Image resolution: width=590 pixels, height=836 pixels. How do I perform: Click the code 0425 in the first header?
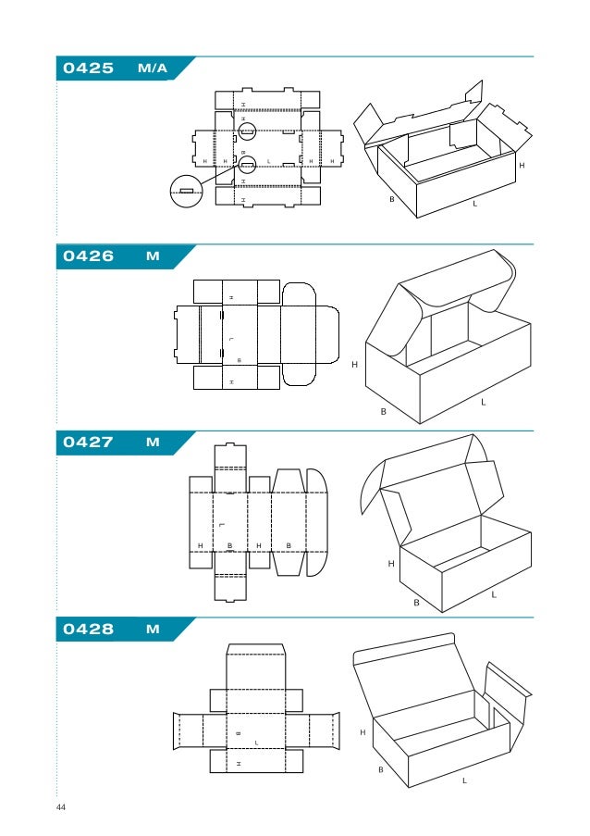[x=88, y=69]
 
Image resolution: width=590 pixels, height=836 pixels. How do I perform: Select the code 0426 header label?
[x=88, y=256]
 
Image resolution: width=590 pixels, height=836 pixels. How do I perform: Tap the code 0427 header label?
[x=88, y=443]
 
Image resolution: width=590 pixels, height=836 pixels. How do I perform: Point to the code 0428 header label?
[x=88, y=630]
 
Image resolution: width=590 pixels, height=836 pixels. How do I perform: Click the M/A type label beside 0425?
[x=153, y=69]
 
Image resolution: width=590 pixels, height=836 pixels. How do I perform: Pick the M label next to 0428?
[x=153, y=630]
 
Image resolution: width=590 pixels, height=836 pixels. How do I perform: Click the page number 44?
[x=61, y=808]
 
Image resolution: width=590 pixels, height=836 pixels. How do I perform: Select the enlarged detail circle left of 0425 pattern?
[x=187, y=191]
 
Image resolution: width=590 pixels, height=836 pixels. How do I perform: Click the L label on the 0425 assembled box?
[x=474, y=204]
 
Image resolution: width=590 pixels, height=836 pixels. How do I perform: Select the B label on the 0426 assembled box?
[x=383, y=412]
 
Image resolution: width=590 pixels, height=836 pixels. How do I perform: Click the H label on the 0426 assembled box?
[x=353, y=366]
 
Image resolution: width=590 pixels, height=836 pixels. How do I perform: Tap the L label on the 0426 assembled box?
[x=482, y=403]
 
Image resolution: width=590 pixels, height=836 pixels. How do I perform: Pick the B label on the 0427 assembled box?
[x=416, y=602]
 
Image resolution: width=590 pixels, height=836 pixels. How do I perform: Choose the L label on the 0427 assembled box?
[x=493, y=594]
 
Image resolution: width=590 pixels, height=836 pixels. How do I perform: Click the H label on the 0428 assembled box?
[x=363, y=732]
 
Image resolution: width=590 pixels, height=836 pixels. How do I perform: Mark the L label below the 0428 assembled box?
[x=464, y=781]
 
